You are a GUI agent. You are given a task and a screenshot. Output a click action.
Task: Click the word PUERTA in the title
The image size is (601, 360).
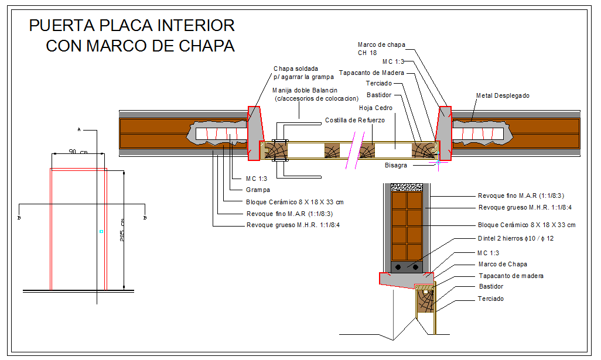point(62,26)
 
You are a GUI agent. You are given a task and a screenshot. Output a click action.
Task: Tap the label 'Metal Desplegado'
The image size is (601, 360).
point(503,96)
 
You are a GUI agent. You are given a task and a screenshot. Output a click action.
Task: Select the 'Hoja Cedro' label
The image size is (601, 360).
point(375,108)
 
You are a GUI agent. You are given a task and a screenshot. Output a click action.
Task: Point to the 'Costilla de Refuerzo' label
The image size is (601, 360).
point(355,120)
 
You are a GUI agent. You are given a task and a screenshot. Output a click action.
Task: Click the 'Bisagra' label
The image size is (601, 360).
point(396,166)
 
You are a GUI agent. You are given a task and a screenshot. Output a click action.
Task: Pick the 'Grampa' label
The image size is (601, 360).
point(258,190)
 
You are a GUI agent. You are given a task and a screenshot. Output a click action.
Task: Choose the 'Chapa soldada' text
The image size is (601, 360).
point(295,68)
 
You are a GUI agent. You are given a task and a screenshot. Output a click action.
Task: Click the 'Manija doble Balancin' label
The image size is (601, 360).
point(305,90)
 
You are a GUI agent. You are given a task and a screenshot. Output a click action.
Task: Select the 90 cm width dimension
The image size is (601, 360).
point(78,152)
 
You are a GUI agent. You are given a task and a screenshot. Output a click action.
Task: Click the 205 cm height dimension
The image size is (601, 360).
point(121,230)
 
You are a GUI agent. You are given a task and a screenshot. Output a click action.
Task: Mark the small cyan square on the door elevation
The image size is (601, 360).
point(101,231)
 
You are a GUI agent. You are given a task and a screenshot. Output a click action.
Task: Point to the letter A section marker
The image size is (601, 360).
point(79,130)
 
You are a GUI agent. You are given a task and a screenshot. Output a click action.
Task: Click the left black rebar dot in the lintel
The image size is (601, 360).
point(398,267)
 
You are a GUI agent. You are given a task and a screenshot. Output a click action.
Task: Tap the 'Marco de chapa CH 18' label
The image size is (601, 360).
point(381,49)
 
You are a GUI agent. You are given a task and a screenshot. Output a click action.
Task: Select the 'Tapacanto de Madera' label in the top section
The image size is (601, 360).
point(371,73)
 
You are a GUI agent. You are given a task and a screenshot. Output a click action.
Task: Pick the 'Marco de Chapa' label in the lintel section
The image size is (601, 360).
point(503,264)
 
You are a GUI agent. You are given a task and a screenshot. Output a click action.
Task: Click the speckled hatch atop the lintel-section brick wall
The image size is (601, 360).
point(407,187)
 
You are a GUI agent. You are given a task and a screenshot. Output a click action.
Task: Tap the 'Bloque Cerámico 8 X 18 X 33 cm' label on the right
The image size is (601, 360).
point(527,225)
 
